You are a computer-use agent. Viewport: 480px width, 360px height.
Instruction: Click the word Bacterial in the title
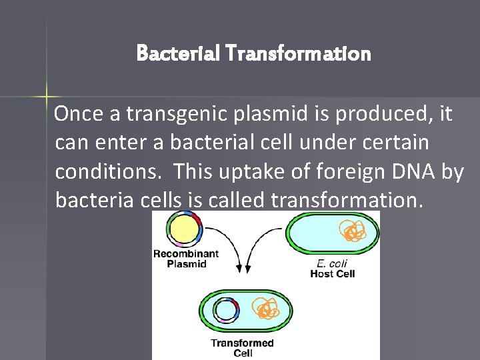click(x=169, y=53)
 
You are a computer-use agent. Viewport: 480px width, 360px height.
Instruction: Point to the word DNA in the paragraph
click(x=417, y=171)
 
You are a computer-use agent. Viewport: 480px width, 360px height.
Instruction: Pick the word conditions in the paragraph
click(x=107, y=171)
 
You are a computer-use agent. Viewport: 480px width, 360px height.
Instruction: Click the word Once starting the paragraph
click(x=78, y=115)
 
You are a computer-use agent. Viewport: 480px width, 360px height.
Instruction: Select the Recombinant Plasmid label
click(x=185, y=258)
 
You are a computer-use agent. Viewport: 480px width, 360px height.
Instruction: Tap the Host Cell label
click(x=332, y=273)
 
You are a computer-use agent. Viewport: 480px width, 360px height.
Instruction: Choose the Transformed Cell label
click(x=243, y=348)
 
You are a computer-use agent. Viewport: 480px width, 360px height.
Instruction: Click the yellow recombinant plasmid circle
click(x=184, y=229)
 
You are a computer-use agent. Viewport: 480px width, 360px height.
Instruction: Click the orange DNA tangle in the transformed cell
click(x=266, y=308)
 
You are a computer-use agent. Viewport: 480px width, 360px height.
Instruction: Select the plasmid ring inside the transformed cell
click(x=225, y=310)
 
